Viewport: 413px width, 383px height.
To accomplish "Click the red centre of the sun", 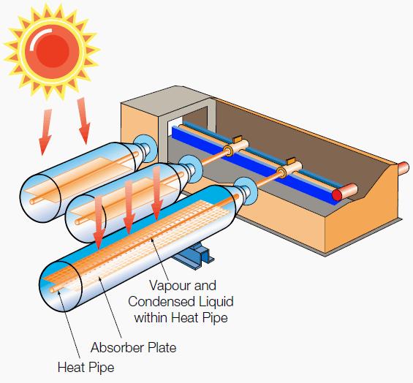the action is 53,49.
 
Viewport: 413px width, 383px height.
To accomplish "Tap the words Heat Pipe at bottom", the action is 86,367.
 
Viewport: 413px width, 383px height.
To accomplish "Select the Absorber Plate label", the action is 133,347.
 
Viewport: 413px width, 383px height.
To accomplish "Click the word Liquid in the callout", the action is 216,302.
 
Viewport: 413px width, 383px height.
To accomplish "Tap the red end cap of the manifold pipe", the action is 337,195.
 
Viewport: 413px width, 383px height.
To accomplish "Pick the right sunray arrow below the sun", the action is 84,121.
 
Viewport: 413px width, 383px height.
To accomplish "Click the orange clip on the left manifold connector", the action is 238,139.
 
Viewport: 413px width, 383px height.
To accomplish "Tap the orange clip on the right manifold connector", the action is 291,161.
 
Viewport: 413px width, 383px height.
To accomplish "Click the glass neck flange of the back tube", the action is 144,149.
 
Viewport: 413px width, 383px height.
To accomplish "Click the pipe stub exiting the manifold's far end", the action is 403,169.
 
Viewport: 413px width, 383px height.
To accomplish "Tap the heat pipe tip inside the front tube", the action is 53,289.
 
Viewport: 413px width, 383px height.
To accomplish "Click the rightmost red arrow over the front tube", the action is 157,193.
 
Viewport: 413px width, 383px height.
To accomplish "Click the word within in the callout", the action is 150,317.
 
